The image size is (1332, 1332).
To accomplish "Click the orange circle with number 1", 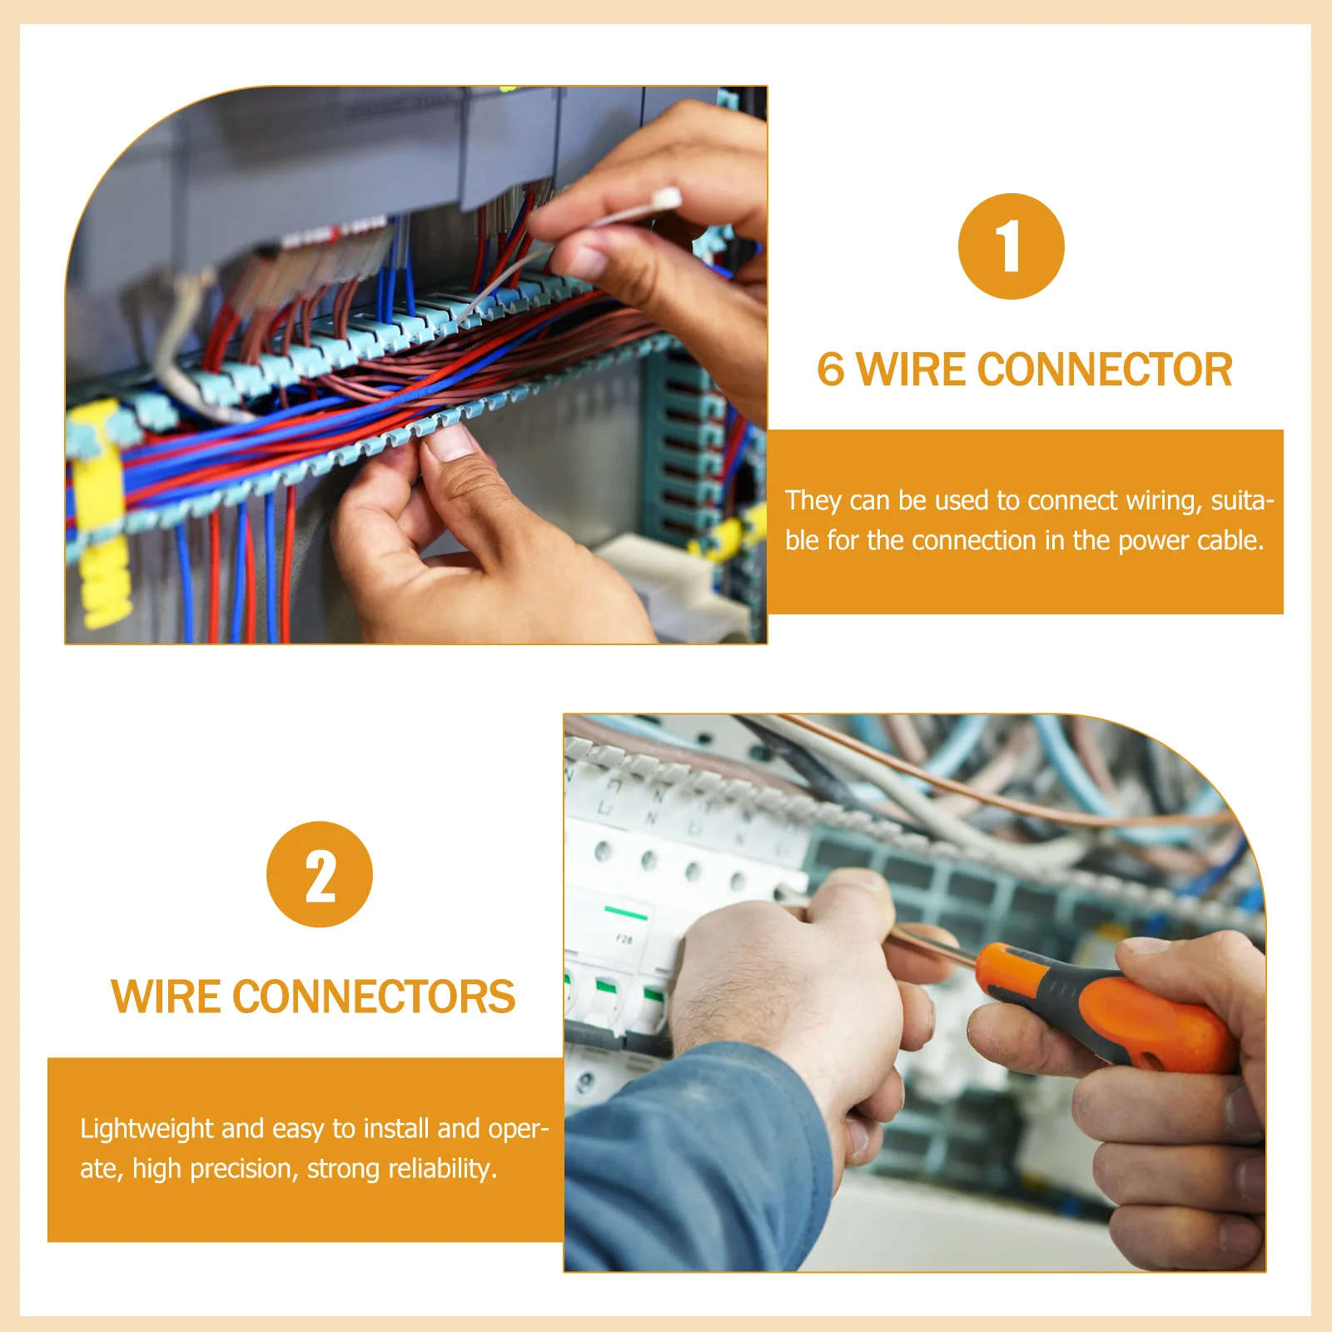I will click(x=1011, y=246).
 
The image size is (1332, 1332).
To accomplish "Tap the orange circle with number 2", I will click(x=320, y=875).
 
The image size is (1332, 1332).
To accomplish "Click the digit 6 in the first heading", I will click(x=831, y=370).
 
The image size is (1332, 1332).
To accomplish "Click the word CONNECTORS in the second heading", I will click(x=374, y=997).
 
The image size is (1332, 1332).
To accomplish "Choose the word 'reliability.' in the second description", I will click(x=443, y=1169).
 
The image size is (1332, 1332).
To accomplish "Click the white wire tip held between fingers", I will click(x=667, y=199).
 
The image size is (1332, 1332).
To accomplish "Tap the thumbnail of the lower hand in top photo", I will click(x=450, y=441).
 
